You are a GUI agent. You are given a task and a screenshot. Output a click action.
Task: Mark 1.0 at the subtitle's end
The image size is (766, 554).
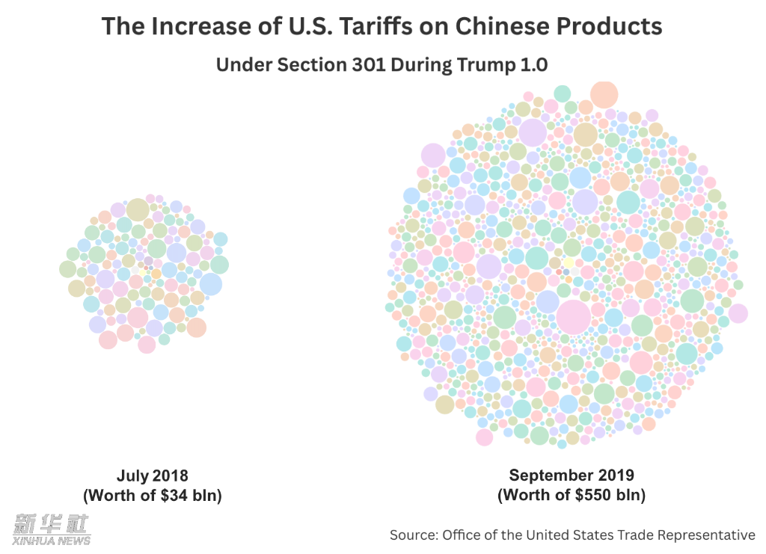pyautogui.click(x=534, y=65)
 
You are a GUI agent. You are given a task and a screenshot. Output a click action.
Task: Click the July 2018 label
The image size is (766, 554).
pyautogui.click(x=153, y=476)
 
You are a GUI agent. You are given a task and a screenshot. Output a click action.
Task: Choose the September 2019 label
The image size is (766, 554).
pyautogui.click(x=571, y=475)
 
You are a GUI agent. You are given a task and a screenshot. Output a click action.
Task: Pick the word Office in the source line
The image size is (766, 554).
pyautogui.click(x=462, y=535)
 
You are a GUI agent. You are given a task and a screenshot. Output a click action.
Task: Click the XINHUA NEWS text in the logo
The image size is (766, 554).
pyautogui.click(x=51, y=541)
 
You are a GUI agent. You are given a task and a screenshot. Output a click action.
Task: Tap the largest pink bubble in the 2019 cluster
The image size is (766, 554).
pyautogui.click(x=574, y=317)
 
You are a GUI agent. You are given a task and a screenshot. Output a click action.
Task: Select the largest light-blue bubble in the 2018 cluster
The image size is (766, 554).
pyautogui.click(x=211, y=284)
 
